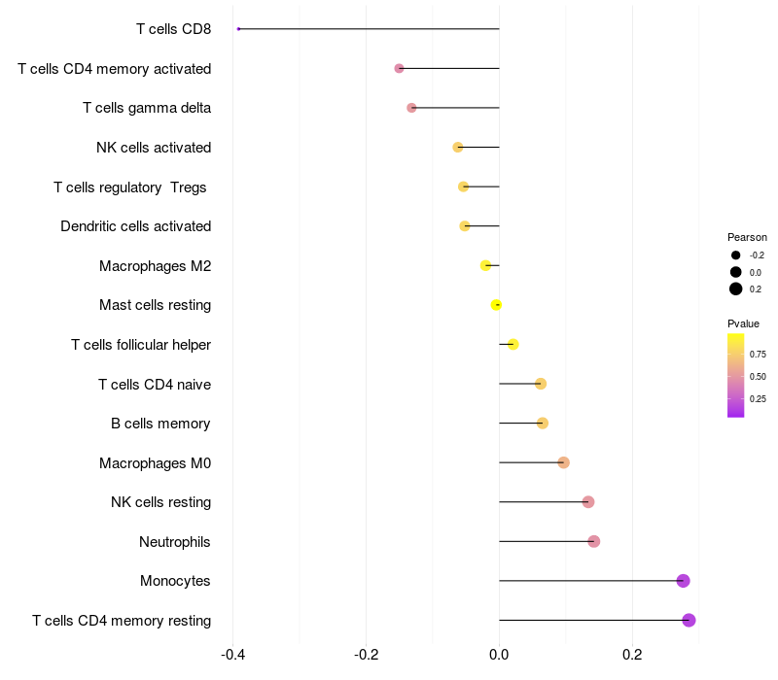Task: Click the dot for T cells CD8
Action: coord(238,29)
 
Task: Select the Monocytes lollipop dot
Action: coord(683,581)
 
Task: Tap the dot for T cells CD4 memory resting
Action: coord(689,620)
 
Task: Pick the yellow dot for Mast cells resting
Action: coord(496,305)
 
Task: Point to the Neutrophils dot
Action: coord(594,541)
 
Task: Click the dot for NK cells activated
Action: coord(458,147)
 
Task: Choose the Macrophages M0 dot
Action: coord(563,462)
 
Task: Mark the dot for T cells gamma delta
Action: coord(411,108)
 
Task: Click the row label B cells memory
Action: coord(160,424)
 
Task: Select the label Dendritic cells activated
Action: coord(135,226)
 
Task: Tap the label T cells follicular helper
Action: coord(141,345)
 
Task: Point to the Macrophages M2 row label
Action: coord(155,266)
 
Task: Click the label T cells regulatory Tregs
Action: coord(129,187)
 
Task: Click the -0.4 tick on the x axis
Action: coord(232,654)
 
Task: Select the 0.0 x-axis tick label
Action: coord(499,654)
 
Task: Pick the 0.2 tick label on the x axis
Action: coord(632,654)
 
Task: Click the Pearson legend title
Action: coord(747,237)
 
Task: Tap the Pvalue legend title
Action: coord(743,323)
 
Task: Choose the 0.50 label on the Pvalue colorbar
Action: coord(758,377)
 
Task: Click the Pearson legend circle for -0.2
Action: coord(736,255)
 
